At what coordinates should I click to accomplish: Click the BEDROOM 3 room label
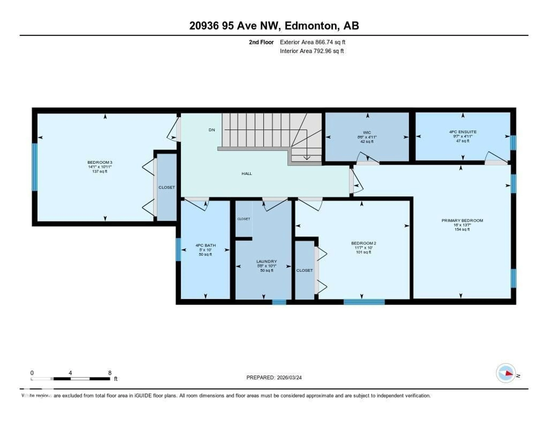pyautogui.click(x=100, y=162)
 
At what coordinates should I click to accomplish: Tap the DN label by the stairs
pyautogui.click(x=212, y=130)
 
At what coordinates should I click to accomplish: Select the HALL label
pyautogui.click(x=247, y=174)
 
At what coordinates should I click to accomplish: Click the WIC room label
pyautogui.click(x=367, y=133)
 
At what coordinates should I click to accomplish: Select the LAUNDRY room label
pyautogui.click(x=266, y=261)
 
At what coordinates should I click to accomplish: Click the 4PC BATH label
pyautogui.click(x=205, y=245)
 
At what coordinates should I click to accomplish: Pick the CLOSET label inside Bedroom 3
pyautogui.click(x=167, y=187)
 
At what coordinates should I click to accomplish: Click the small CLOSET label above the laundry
pyautogui.click(x=244, y=219)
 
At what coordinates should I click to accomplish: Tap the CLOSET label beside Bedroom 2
pyautogui.click(x=304, y=270)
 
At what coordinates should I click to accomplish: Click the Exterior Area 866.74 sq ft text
pyautogui.click(x=312, y=42)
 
